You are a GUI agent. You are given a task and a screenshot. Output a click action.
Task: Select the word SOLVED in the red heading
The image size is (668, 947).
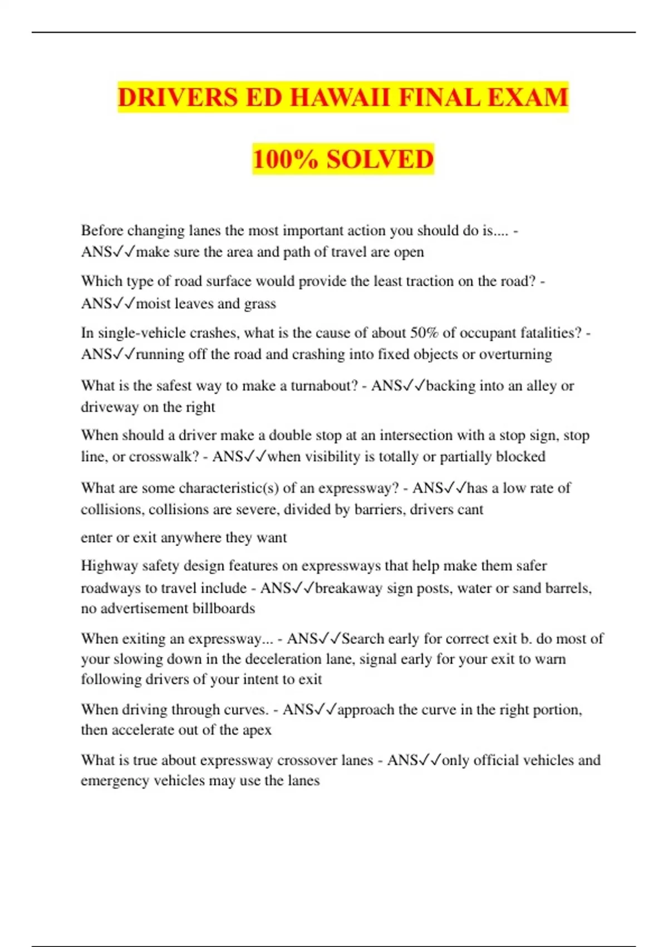click(380, 159)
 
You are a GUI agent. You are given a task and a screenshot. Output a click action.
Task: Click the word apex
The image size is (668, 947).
click(257, 730)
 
